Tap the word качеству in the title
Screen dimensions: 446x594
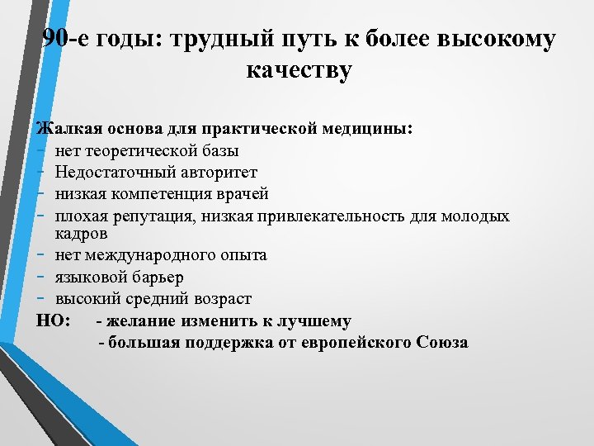tap(299, 70)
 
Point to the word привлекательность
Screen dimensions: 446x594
tap(329, 216)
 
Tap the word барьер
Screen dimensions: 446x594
tap(156, 277)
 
